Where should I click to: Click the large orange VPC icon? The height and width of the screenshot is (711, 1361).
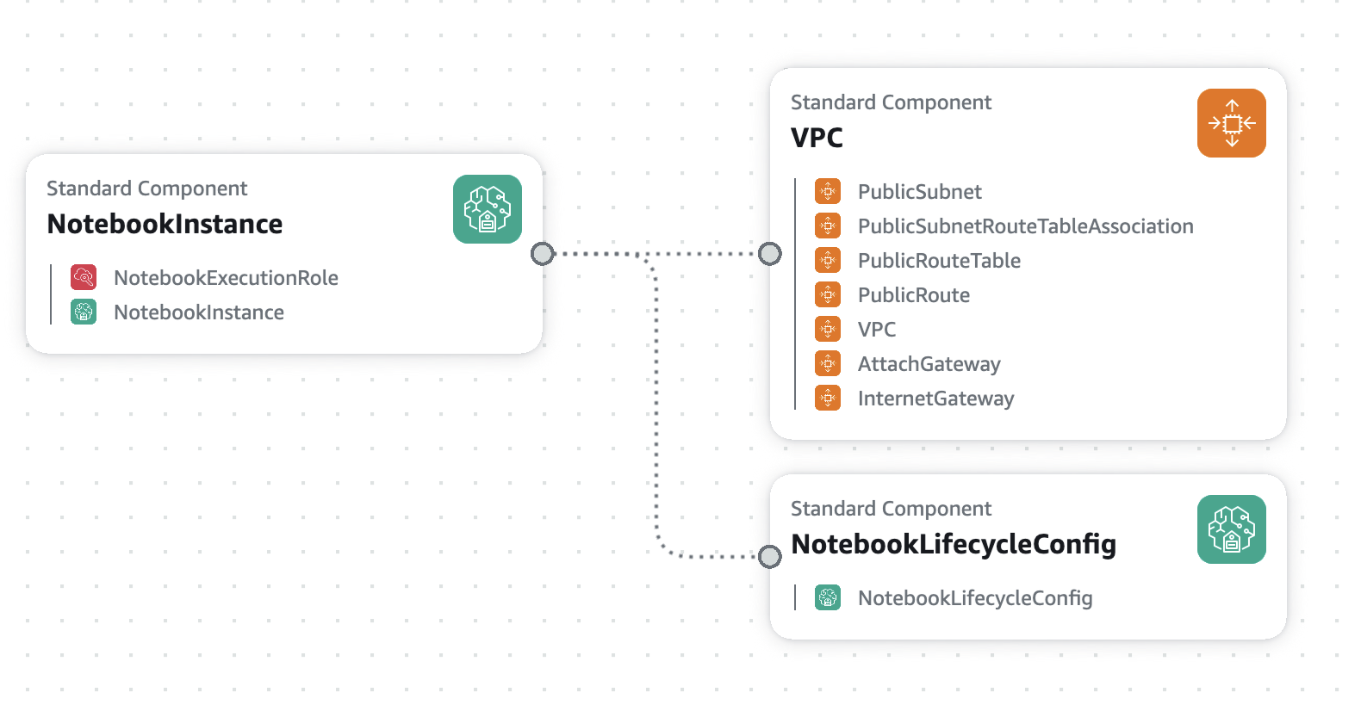click(x=1231, y=123)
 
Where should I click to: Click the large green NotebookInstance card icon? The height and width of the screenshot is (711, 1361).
click(x=488, y=209)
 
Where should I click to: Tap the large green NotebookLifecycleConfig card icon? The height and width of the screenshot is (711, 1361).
click(x=1231, y=529)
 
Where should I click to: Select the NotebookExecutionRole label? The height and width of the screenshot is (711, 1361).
click(x=226, y=277)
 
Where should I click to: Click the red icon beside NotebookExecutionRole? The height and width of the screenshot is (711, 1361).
click(x=84, y=277)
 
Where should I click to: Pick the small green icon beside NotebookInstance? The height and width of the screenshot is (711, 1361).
click(x=84, y=312)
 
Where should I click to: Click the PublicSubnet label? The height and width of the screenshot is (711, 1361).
click(x=919, y=192)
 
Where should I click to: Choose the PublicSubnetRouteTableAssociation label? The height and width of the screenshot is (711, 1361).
click(x=1026, y=226)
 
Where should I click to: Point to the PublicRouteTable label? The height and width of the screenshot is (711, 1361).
click(x=939, y=261)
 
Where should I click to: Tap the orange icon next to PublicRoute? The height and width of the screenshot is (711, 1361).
click(x=828, y=295)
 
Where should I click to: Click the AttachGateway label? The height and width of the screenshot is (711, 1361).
click(x=929, y=364)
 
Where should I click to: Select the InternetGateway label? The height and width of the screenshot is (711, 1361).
click(x=935, y=399)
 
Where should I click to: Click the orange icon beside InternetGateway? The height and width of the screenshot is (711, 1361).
click(x=828, y=399)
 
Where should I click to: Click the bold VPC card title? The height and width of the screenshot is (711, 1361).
click(x=817, y=138)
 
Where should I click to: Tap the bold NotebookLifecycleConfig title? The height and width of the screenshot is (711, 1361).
click(x=954, y=544)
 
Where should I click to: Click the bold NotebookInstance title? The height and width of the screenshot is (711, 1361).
click(x=165, y=224)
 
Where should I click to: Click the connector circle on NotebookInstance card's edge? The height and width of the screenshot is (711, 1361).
click(x=543, y=254)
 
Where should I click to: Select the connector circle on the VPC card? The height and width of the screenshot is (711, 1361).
click(x=770, y=254)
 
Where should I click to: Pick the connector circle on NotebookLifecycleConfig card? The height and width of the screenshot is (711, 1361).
click(x=770, y=556)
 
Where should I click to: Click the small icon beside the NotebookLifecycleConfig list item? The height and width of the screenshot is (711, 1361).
click(x=828, y=597)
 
